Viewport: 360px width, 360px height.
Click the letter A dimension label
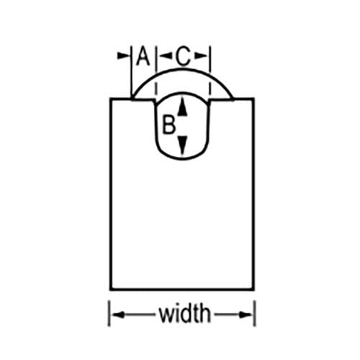pos(143,56)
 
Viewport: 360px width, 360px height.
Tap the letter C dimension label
pos(183,56)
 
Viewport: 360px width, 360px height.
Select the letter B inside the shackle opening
pos(168,125)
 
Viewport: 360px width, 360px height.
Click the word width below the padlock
pos(185,314)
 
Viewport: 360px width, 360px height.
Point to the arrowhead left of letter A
pos(122,56)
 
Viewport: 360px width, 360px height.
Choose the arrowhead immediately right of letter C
pos(200,56)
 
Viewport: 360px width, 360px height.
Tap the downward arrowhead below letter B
pos(183,145)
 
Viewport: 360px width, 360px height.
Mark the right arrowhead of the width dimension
pos(246,315)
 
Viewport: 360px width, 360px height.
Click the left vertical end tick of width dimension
pos(109,313)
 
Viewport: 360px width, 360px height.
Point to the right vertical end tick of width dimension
pos(255,313)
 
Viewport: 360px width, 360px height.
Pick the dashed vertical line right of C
pos(210,72)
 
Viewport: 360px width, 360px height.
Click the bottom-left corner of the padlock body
pos(111,290)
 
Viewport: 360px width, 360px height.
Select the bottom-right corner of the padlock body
pos(253,290)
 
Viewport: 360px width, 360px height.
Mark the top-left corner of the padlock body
pos(111,99)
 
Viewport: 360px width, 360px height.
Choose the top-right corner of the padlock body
pos(253,99)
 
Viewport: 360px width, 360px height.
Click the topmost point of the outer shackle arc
pos(183,69)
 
